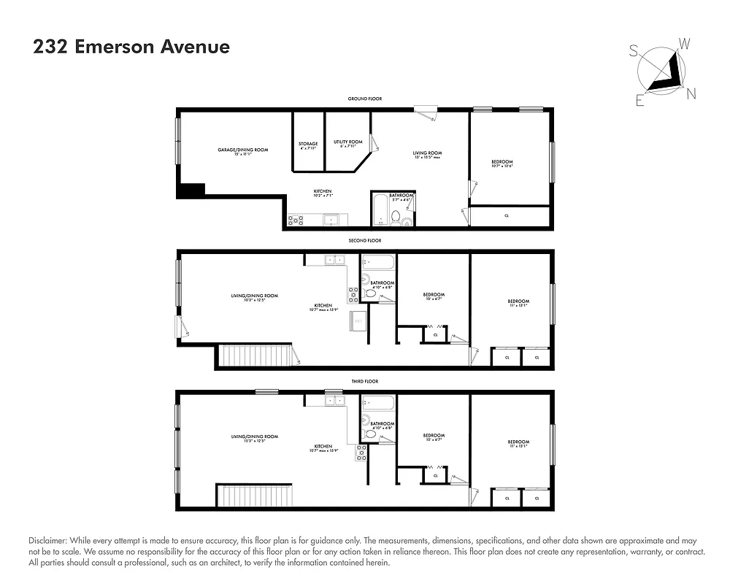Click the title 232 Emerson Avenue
coord(131,47)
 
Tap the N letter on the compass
coord(691,93)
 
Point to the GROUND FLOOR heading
coord(365,99)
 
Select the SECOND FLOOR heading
coord(365,240)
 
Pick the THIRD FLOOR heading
coord(365,381)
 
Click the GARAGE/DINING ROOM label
coord(242,150)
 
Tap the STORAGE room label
coord(308,144)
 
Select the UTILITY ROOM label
coord(348,142)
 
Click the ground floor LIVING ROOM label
coord(427,153)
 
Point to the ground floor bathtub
coord(380,211)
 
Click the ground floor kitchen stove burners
coord(296,219)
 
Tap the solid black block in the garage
coord(191,189)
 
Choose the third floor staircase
coord(255,496)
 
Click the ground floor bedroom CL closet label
coord(507,216)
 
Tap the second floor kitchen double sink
coord(335,259)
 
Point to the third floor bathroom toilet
coord(370,434)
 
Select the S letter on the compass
coord(634,50)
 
